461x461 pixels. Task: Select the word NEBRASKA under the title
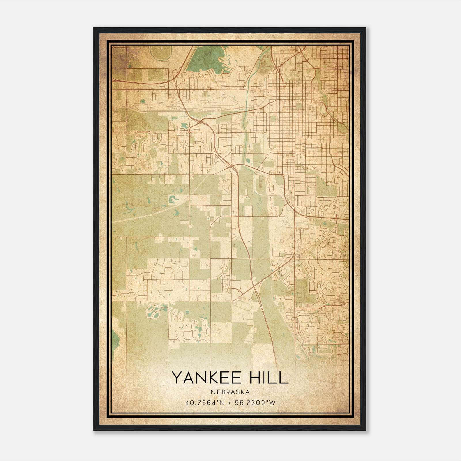[x=230, y=392]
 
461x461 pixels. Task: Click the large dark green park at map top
[x=205, y=59]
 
